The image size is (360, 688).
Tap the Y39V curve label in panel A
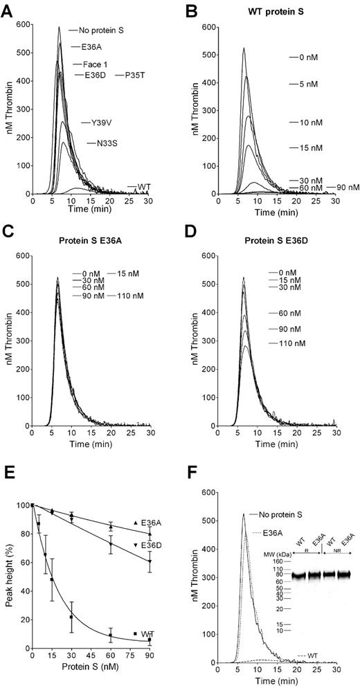point(99,123)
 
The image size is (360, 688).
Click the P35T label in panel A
point(134,74)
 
